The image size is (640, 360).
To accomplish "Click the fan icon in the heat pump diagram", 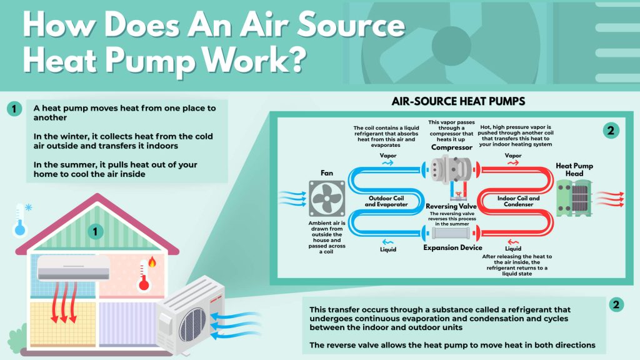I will click(327, 198).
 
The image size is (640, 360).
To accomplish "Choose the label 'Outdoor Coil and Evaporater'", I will click(389, 200).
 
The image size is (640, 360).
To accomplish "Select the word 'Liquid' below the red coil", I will click(513, 248).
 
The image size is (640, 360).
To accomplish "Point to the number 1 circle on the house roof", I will click(95, 232).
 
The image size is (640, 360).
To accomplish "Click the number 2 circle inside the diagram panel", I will click(611, 131).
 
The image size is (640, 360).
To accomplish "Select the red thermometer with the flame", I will click(146, 275).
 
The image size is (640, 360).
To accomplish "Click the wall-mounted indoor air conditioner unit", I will click(73, 267).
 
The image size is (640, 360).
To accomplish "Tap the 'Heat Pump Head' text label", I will click(575, 169).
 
